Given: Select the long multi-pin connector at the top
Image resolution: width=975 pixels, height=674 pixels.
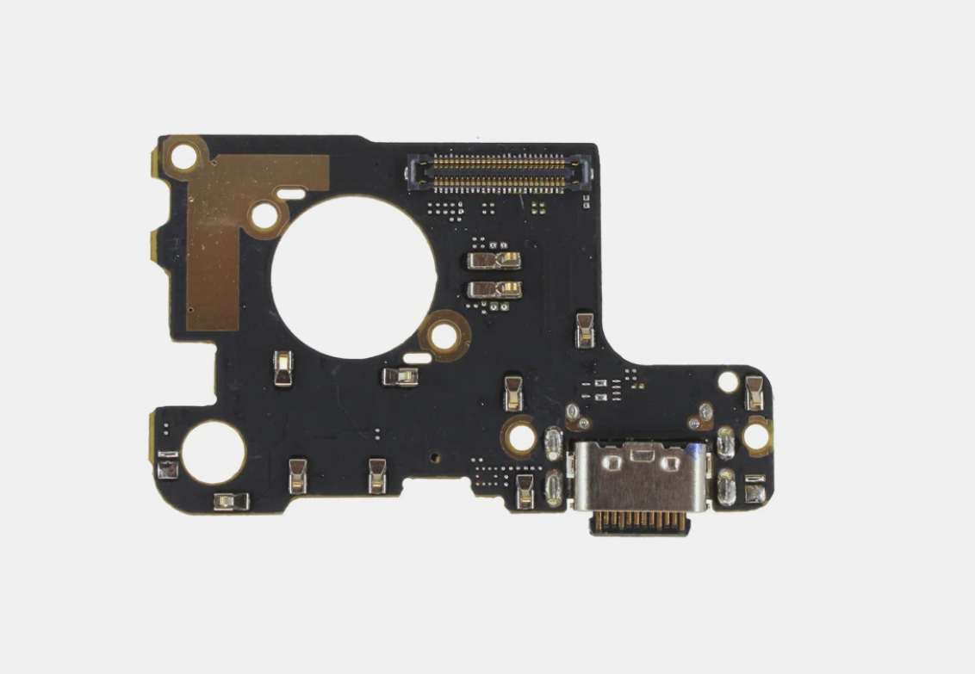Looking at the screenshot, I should pyautogui.click(x=499, y=172).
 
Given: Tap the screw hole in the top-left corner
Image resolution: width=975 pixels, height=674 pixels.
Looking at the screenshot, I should pyautogui.click(x=183, y=158).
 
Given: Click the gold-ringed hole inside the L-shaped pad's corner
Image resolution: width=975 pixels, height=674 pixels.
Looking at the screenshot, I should pyautogui.click(x=265, y=216).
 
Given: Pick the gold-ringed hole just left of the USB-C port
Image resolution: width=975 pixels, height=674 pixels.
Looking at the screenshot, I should pyautogui.click(x=521, y=436).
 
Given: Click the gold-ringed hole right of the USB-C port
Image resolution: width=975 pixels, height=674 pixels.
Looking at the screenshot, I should pyautogui.click(x=755, y=436).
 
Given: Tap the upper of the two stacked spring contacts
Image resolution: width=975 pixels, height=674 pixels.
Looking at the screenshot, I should pyautogui.click(x=494, y=260).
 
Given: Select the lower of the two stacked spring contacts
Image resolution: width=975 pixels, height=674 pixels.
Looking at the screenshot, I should pyautogui.click(x=494, y=289).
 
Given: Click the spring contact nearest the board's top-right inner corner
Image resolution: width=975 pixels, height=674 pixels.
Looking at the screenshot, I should pyautogui.click(x=585, y=330).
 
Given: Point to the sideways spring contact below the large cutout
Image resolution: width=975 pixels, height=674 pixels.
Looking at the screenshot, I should pyautogui.click(x=401, y=376).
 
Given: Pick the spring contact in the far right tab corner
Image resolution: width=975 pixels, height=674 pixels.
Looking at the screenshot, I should pyautogui.click(x=755, y=393).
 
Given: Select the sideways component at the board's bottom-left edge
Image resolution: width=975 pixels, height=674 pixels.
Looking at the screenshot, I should pyautogui.click(x=231, y=501).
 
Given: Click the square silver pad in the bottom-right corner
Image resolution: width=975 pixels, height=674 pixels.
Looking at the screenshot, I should pyautogui.click(x=755, y=492).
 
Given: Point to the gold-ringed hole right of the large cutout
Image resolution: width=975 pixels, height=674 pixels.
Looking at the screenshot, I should pyautogui.click(x=444, y=335).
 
